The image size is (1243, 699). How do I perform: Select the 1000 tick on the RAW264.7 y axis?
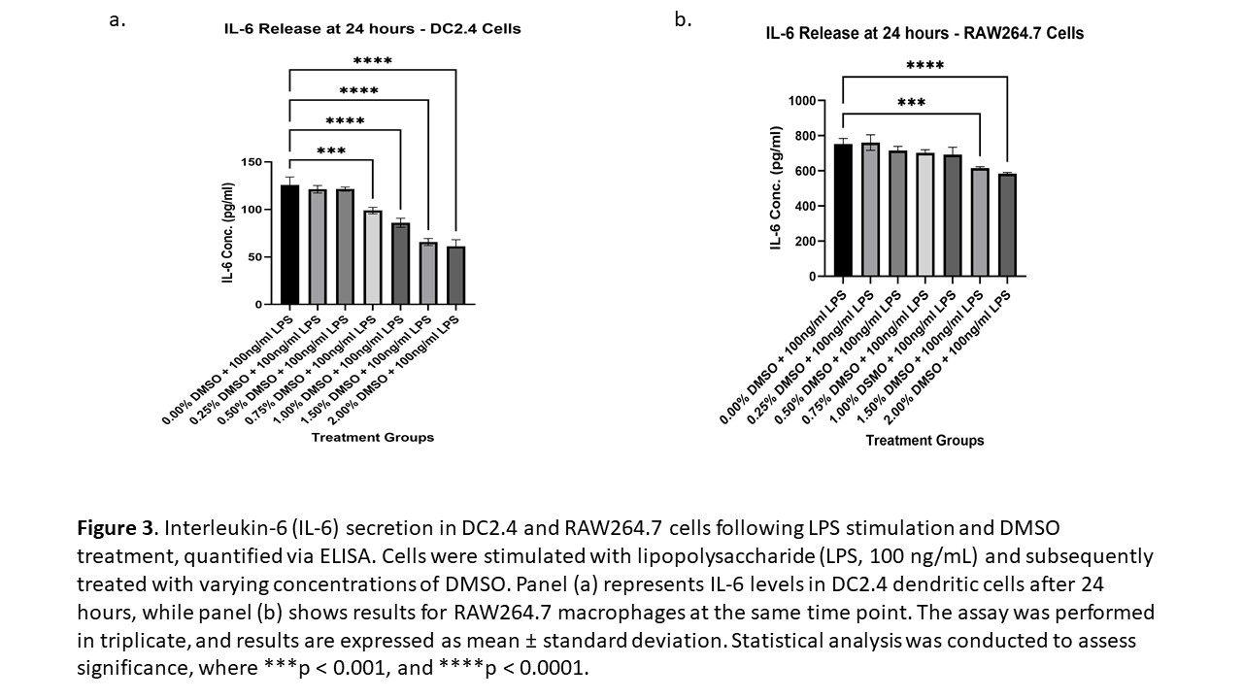[800, 100]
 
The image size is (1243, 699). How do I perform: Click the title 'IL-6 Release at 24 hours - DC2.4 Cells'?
[373, 29]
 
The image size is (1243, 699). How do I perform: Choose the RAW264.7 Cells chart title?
[924, 33]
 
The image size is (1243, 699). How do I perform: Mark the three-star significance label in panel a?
[331, 151]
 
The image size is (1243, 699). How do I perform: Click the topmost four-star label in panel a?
[373, 61]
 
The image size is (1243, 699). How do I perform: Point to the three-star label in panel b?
[911, 103]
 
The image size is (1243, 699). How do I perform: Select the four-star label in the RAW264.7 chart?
[924, 67]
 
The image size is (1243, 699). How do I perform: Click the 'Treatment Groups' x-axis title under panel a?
[372, 438]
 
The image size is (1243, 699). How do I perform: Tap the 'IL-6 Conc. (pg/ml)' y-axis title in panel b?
[776, 187]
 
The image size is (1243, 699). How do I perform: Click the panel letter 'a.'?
[118, 20]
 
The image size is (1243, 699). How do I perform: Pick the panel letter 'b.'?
[683, 20]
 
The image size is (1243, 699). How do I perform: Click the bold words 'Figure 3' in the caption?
[116, 528]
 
